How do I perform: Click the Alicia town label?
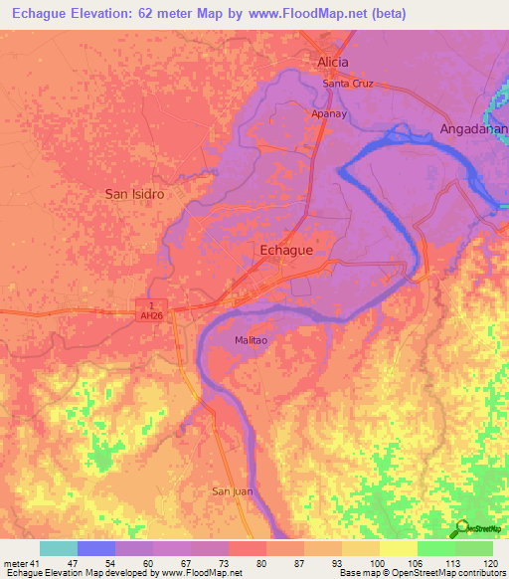coord(333,62)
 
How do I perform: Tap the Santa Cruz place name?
coord(348,84)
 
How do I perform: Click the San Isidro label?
coord(134,194)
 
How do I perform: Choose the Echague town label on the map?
coord(286,251)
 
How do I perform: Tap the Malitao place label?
coord(254,339)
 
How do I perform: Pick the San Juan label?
coord(234,491)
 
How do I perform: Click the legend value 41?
coord(36,563)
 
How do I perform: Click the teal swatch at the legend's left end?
coord(59,548)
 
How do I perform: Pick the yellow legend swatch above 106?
coord(398,548)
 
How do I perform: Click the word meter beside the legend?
coord(15,563)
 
